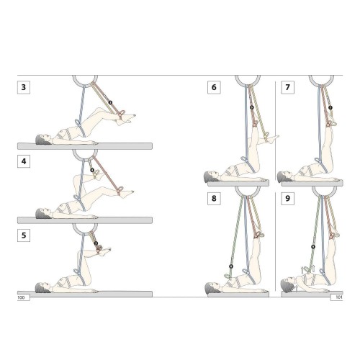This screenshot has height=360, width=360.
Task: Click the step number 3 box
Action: coord(24,87)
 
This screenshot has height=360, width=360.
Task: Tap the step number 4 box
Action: coord(24,161)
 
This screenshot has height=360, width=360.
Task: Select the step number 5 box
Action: coord(24,235)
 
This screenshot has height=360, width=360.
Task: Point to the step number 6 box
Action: coord(214,87)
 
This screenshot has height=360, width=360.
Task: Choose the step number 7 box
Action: coord(287,87)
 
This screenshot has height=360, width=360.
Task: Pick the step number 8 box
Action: coord(214,198)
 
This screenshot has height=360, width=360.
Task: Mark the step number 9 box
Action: coord(287,198)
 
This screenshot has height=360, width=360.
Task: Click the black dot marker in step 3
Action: coord(110,102)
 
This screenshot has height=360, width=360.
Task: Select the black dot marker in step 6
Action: coord(251,107)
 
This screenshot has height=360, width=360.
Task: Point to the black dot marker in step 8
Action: coord(231,266)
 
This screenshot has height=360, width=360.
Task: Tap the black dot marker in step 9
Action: coord(313,247)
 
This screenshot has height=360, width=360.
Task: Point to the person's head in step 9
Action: coord(287,284)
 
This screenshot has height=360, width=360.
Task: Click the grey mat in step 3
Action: coord(85,146)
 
